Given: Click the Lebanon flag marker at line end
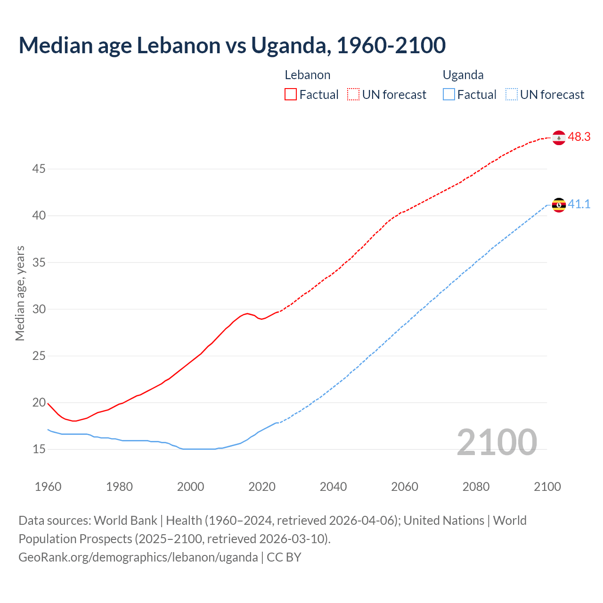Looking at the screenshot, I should (x=559, y=138).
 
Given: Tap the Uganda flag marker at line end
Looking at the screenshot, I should (x=559, y=205).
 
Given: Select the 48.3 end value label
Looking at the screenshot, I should (x=579, y=137).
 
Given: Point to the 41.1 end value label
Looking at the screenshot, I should (x=579, y=204).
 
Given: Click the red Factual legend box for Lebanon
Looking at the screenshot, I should (x=291, y=95).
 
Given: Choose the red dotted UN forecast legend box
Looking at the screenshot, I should (x=353, y=95).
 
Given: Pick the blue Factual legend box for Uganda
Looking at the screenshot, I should (x=449, y=95).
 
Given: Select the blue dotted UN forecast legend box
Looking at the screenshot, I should (x=511, y=95).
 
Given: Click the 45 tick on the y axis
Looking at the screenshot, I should (x=39, y=169).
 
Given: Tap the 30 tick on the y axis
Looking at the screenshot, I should (x=39, y=309).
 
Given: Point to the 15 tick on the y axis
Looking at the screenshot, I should (x=39, y=449).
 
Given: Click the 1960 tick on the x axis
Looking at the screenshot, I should (x=48, y=487).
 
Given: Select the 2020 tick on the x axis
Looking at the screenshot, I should (x=262, y=487).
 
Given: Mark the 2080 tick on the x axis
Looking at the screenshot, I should (x=476, y=487).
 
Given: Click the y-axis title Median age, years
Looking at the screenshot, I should (x=20, y=293).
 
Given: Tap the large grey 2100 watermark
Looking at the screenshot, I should (x=497, y=442).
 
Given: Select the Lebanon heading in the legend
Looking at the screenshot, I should (x=308, y=75).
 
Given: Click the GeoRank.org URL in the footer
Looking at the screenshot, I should (x=138, y=557).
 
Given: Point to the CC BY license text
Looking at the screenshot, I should (x=284, y=557).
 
